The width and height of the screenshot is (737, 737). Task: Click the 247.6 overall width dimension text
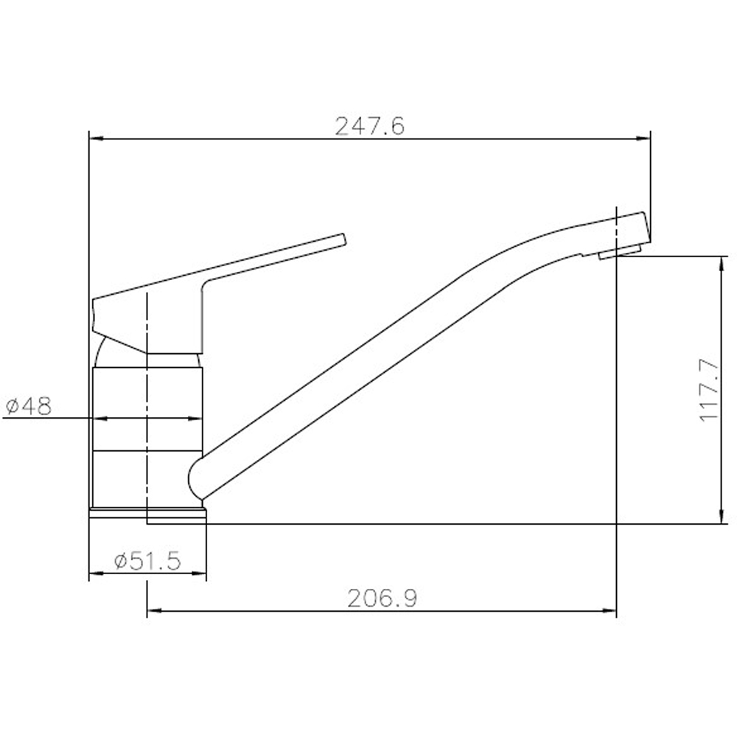[370, 127]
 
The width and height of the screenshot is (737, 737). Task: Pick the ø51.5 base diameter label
[147, 562]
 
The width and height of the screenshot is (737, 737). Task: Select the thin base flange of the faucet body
[147, 513]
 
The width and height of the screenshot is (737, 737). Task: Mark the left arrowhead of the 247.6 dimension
[94, 137]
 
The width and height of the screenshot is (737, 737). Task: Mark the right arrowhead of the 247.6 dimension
[645, 137]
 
